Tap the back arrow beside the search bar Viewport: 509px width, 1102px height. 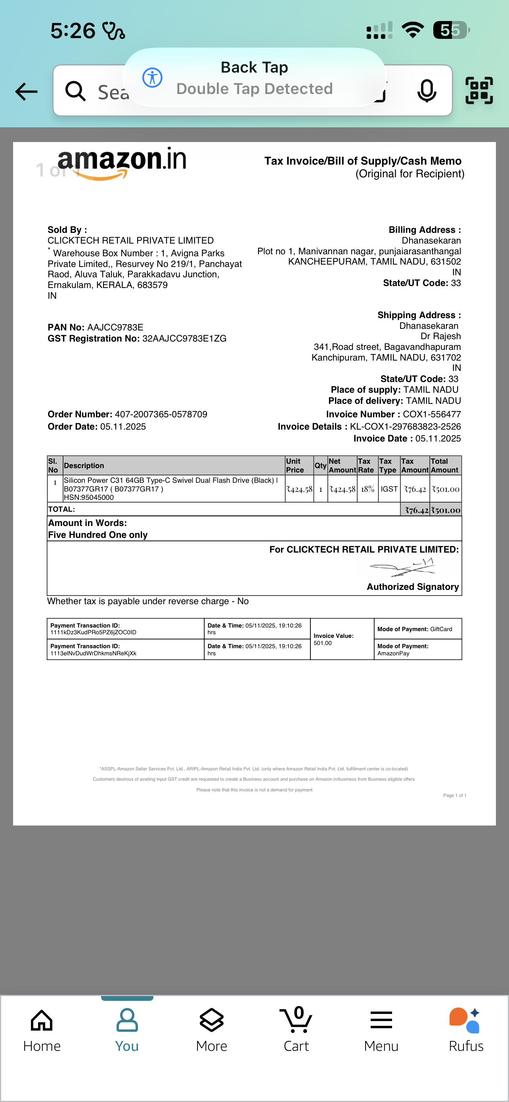click(x=27, y=92)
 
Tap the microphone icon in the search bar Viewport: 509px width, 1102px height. click(x=427, y=91)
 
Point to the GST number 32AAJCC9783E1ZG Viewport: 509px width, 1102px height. click(x=184, y=339)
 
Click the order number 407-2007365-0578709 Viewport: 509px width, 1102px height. click(x=161, y=415)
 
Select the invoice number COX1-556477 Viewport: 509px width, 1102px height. click(x=432, y=415)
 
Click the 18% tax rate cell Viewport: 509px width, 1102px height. click(x=367, y=490)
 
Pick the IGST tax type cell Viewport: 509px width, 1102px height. click(x=389, y=490)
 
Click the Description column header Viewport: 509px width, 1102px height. click(x=84, y=466)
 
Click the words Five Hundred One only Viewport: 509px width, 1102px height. click(x=98, y=535)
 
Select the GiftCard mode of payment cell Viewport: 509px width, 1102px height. click(x=417, y=629)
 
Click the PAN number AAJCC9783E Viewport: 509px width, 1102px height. click(x=115, y=328)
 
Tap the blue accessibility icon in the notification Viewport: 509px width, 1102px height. click(x=152, y=78)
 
